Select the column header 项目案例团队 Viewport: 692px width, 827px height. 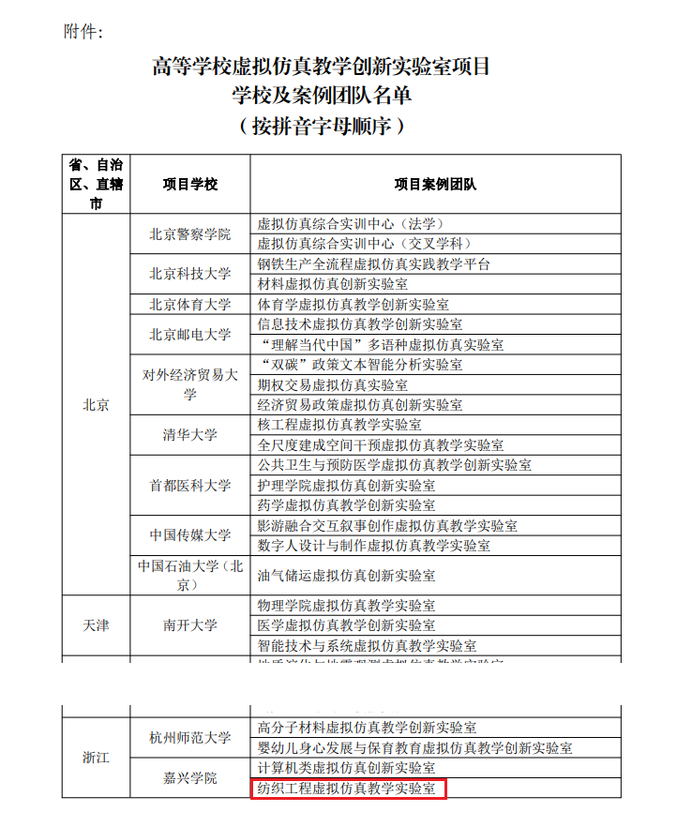[435, 184]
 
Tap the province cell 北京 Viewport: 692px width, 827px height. [96, 405]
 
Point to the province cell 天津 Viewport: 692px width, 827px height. [96, 624]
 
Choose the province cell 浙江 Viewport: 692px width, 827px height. [96, 757]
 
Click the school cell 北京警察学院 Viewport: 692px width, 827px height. [189, 234]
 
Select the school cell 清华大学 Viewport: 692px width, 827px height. [189, 435]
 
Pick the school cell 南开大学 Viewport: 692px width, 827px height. [189, 624]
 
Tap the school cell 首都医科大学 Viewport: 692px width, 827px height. [189, 486]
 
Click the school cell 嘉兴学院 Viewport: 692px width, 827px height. [189, 778]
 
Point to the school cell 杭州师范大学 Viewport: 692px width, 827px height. [189, 738]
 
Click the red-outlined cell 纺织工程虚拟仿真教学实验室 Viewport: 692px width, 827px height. [348, 789]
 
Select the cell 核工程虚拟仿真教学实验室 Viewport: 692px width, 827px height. [339, 425]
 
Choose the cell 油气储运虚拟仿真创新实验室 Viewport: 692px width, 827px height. [346, 575]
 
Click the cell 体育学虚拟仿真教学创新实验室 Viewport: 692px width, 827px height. [353, 305]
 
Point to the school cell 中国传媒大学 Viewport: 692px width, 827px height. [189, 535]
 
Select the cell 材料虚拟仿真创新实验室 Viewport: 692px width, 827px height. [332, 284]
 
